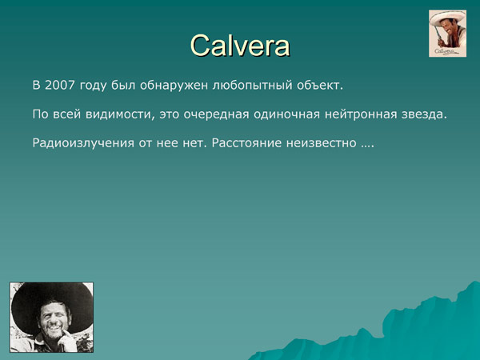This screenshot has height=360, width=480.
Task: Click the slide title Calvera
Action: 240,45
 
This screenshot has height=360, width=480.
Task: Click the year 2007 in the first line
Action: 61,84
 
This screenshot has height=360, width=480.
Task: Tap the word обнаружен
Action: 180,84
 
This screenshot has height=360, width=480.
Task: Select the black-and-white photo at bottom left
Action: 52,317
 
